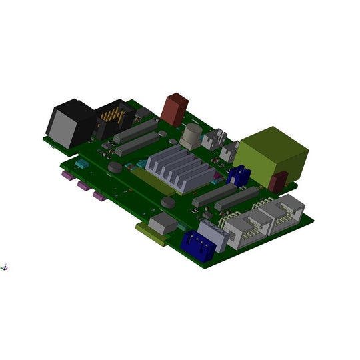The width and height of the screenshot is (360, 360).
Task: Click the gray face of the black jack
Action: (63, 127)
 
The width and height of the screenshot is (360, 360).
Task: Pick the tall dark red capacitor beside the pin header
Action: (175, 109)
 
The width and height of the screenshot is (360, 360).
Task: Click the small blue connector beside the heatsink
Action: (239, 176)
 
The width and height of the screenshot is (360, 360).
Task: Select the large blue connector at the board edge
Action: (199, 245)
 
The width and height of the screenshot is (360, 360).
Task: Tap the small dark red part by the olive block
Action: (279, 181)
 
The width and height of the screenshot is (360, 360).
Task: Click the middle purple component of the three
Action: (84, 186)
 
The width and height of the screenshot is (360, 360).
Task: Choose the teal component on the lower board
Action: (81, 163)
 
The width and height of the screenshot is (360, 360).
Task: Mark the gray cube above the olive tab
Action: (163, 224)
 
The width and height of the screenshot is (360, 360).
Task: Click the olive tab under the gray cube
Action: (151, 235)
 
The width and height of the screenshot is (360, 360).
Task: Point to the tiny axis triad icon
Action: (5, 267)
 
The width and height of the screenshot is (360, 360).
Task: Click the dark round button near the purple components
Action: (115, 167)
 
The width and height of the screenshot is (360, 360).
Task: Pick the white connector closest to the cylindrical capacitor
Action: (213, 139)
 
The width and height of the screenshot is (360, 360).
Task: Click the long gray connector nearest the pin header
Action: (135, 131)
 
